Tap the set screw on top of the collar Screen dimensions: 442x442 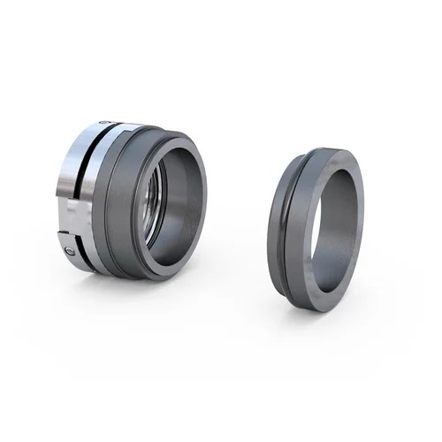(104, 123)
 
